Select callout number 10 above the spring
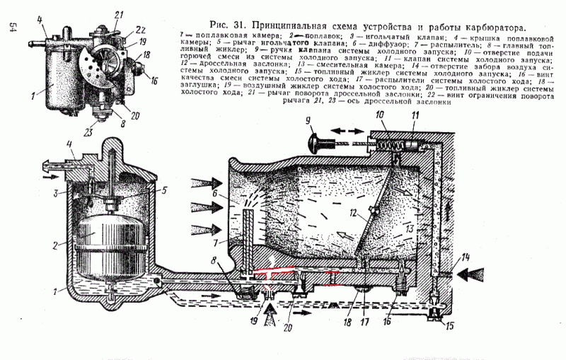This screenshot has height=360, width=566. tap(379, 115)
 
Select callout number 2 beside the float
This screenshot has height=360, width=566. tap(54, 244)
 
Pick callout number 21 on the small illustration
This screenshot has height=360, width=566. tap(118, 14)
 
